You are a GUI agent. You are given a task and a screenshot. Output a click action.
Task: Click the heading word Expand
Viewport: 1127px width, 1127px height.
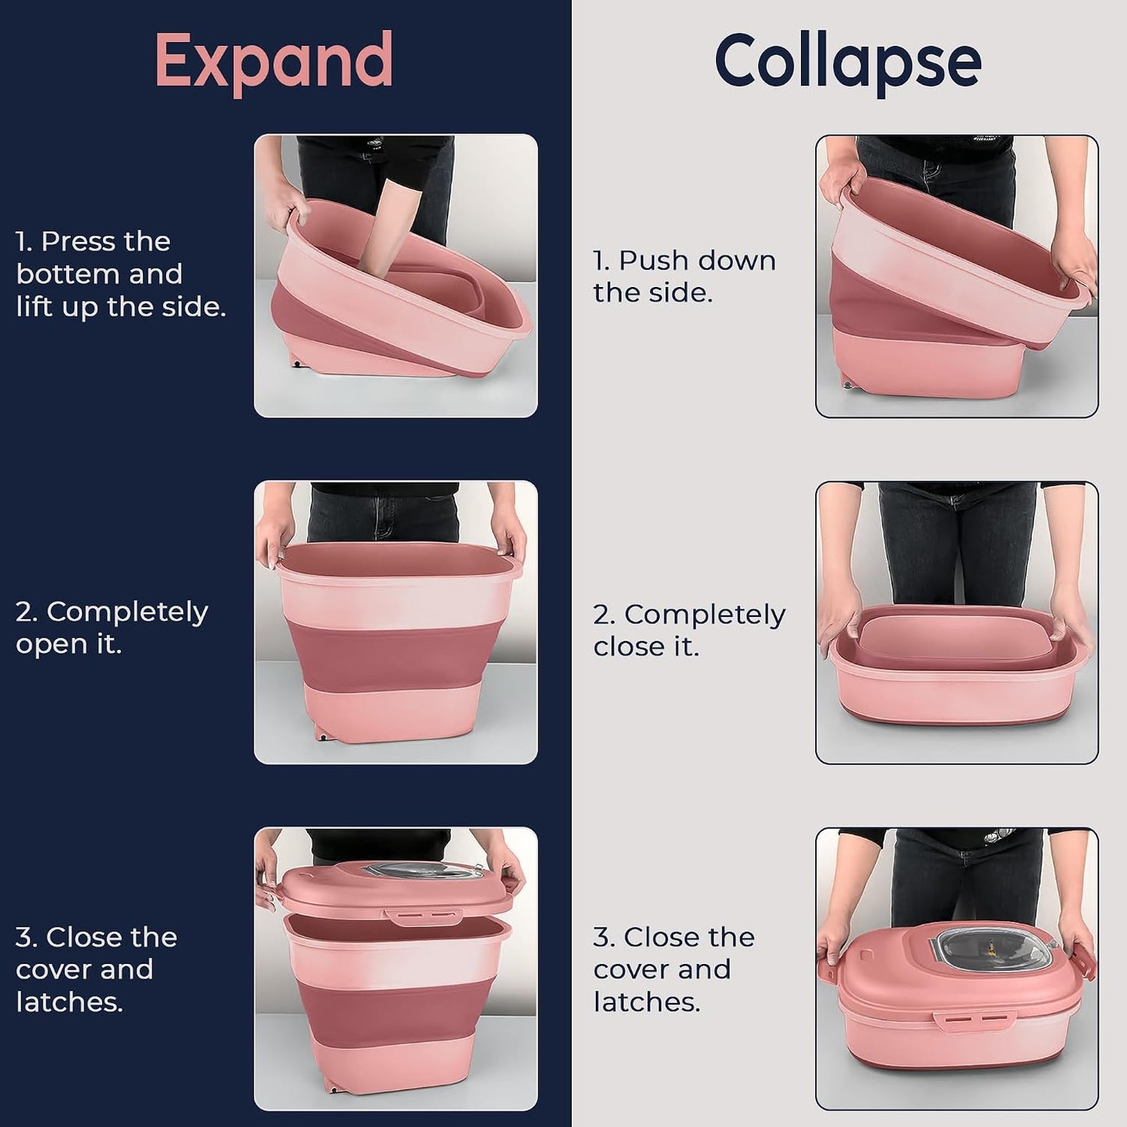click(x=274, y=62)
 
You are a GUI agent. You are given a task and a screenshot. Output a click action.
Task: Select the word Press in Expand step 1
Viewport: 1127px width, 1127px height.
click(x=105, y=242)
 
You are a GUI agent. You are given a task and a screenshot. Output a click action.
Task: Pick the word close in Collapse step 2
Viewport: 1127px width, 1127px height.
click(x=626, y=647)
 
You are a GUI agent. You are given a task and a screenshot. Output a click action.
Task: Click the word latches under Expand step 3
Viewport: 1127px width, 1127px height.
click(x=69, y=1002)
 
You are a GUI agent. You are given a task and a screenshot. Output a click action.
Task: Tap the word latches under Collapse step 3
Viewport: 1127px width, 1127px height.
click(x=647, y=1002)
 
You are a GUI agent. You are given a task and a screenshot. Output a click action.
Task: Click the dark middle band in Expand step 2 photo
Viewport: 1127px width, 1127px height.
click(x=395, y=656)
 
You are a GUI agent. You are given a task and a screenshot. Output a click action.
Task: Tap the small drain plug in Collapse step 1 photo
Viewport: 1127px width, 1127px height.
click(x=846, y=385)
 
